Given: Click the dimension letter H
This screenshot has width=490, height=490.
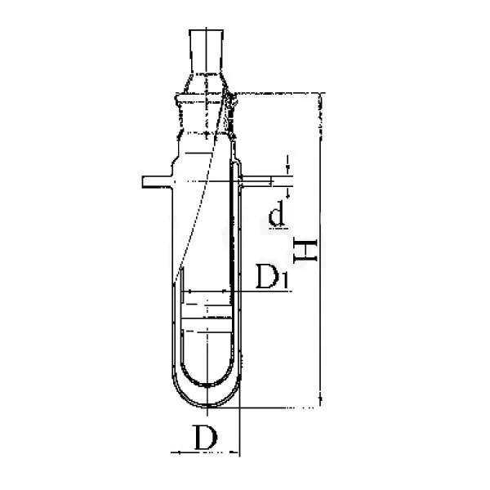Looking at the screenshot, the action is click(x=305, y=251).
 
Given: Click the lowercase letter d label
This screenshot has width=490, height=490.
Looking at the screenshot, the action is click(x=277, y=214).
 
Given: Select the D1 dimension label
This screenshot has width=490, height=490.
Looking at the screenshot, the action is click(x=272, y=276).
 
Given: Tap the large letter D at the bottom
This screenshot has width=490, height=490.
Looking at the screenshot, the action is click(x=206, y=437).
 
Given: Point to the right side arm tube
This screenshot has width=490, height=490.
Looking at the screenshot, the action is click(x=257, y=181).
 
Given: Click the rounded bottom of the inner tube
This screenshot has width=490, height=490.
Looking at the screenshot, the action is click(x=207, y=384).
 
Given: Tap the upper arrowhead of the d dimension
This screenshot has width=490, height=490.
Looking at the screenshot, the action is click(x=287, y=171).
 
